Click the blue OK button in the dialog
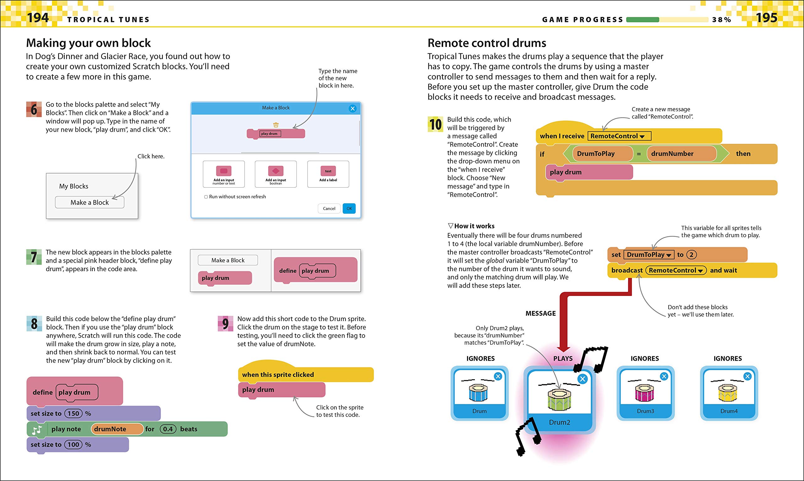click(x=349, y=208)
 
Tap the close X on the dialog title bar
click(x=353, y=109)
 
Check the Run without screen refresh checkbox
click(x=206, y=197)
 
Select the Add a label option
click(x=328, y=174)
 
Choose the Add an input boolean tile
click(x=276, y=174)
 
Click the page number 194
click(x=38, y=18)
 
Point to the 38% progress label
click(x=721, y=20)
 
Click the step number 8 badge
click(x=34, y=324)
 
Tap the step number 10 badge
click(x=435, y=124)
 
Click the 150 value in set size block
click(x=73, y=413)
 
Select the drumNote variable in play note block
click(x=117, y=429)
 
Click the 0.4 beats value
click(x=168, y=429)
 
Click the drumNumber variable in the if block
click(x=681, y=154)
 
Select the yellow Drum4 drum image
click(x=728, y=392)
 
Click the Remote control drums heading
click(x=486, y=43)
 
